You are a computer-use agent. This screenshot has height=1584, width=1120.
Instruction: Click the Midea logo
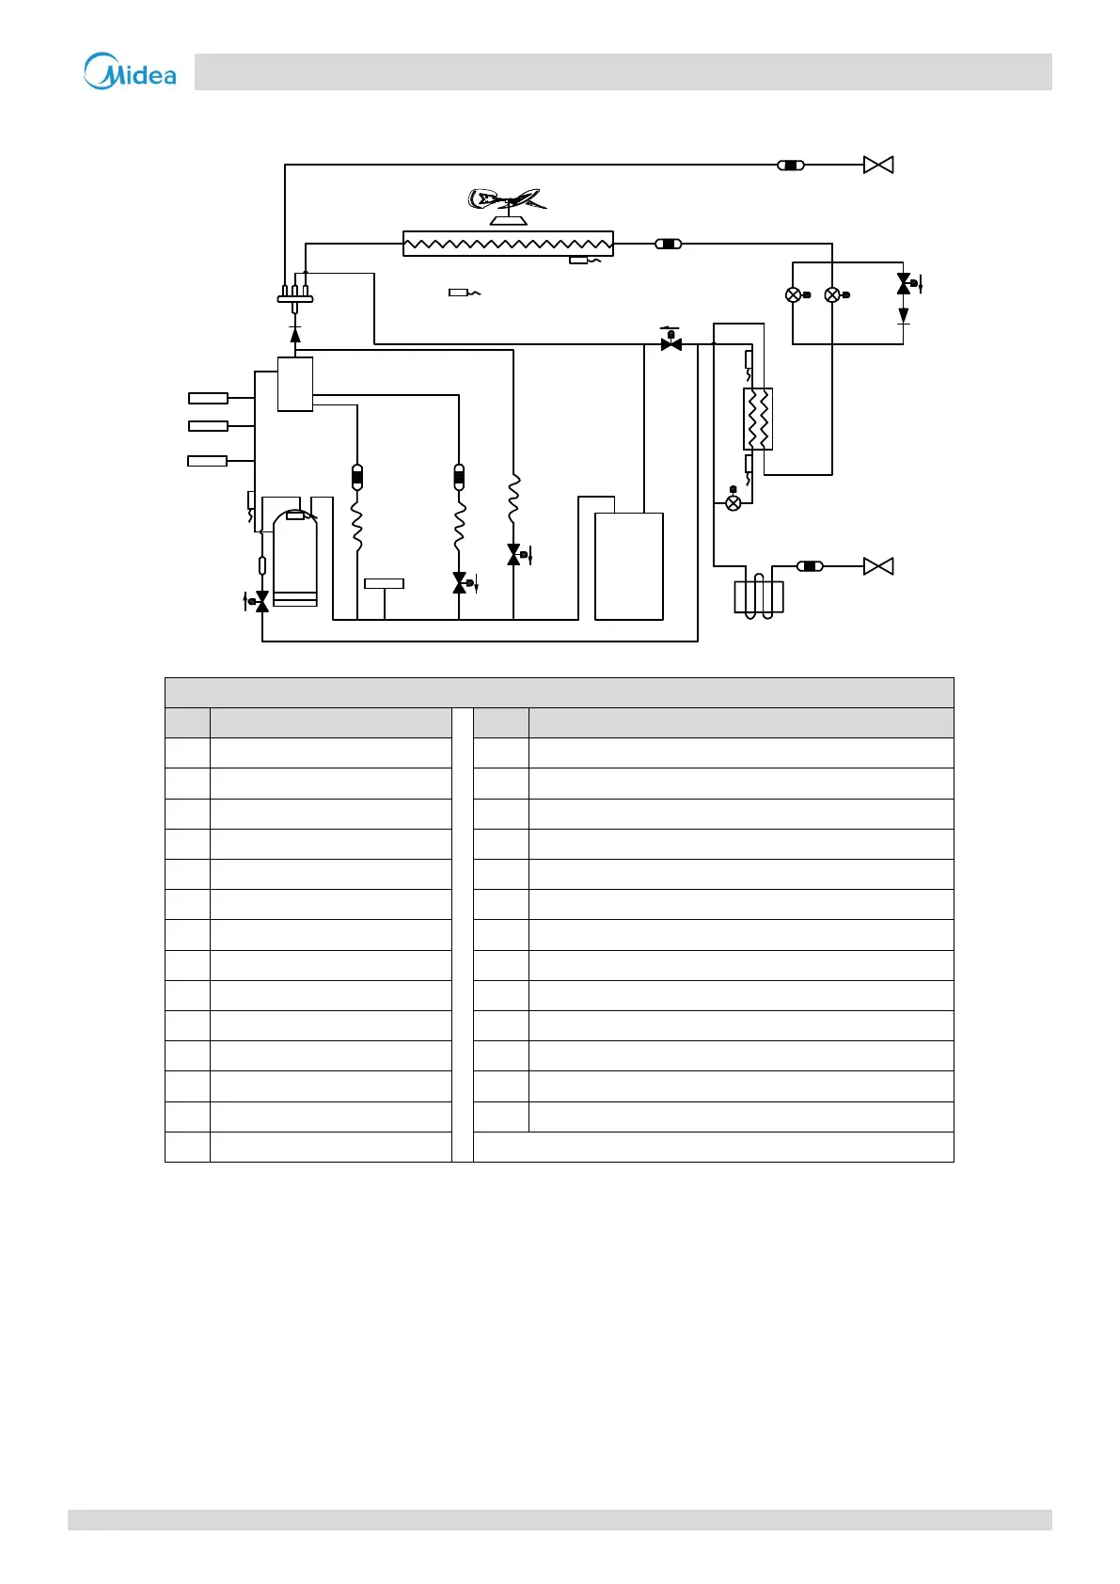click(x=130, y=71)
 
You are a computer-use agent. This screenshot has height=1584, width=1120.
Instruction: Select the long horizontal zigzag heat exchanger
click(x=508, y=244)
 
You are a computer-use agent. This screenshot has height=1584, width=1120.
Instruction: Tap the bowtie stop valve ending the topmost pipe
click(x=878, y=166)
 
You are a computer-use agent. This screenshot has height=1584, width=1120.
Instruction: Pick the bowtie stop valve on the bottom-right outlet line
click(x=878, y=566)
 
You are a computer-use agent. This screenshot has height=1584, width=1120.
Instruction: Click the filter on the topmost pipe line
click(x=791, y=166)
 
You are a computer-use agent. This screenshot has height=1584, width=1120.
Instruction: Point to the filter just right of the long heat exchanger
click(x=668, y=244)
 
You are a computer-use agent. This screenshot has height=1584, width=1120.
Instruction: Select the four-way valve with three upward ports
click(x=295, y=296)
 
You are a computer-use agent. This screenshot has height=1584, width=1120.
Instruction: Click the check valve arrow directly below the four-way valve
click(x=295, y=334)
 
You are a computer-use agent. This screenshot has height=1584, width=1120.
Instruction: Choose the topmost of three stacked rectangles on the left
click(x=208, y=399)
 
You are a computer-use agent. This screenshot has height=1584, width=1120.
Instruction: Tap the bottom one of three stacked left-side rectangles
click(x=208, y=461)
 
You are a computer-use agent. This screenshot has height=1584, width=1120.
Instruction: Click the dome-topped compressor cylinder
click(x=294, y=557)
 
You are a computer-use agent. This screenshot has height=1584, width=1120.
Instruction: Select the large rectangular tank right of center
click(x=629, y=566)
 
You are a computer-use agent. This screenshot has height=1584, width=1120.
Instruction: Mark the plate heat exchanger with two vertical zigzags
click(x=758, y=419)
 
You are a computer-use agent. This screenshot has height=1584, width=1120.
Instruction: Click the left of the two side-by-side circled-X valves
click(x=794, y=295)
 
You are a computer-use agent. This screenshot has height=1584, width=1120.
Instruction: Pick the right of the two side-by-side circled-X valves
click(x=832, y=295)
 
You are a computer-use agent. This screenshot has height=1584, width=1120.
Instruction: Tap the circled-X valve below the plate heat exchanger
click(x=734, y=503)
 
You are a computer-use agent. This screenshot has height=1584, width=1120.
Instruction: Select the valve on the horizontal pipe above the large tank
click(x=671, y=343)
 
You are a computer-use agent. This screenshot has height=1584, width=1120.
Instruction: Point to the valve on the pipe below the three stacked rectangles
click(x=262, y=601)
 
